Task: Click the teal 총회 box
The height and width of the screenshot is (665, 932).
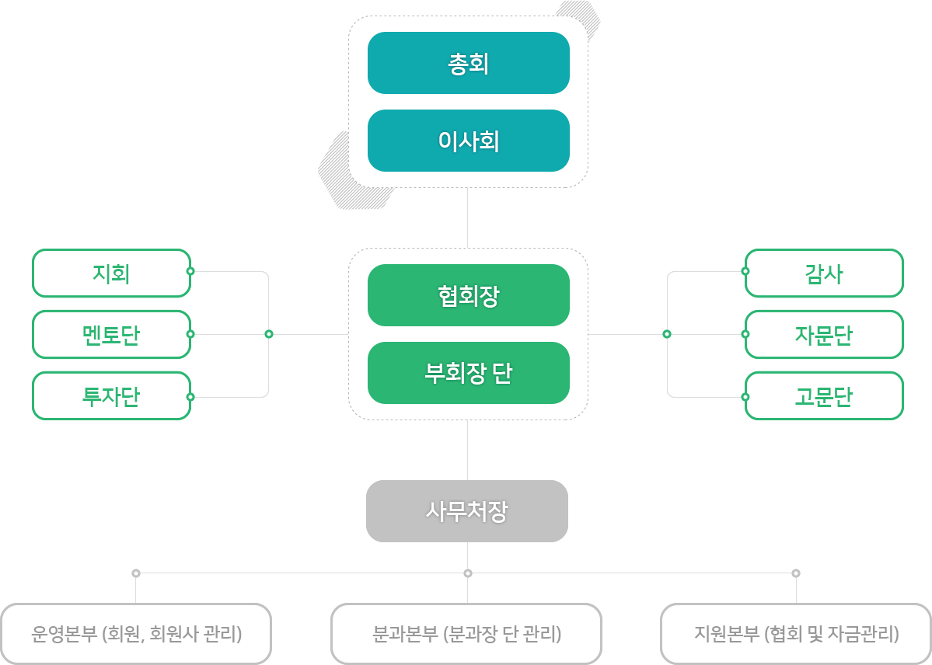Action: [x=469, y=63]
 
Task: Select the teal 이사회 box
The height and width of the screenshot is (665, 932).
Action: [x=469, y=141]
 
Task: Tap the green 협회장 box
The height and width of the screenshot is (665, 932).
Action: [x=469, y=295]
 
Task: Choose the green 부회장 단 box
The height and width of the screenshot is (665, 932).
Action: [x=469, y=373]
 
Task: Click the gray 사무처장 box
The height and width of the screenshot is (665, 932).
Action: [x=467, y=511]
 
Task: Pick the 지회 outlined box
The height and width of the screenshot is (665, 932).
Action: [x=112, y=273]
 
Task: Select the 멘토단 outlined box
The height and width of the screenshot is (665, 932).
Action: [x=112, y=335]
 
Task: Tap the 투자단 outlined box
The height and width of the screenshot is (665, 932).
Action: [x=112, y=395]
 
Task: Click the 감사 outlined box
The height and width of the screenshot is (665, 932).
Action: [x=824, y=273]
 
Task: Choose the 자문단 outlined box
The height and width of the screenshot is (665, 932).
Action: [x=824, y=335]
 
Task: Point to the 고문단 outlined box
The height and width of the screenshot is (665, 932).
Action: [x=824, y=395]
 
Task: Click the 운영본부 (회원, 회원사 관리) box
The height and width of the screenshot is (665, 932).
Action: [x=136, y=634]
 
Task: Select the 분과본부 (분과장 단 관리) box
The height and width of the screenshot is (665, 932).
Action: [x=466, y=634]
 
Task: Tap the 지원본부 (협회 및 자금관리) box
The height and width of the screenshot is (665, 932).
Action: [x=796, y=634]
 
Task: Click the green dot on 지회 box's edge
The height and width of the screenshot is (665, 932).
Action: [x=190, y=272]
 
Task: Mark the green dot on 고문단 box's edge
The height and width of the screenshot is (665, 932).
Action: [x=745, y=397]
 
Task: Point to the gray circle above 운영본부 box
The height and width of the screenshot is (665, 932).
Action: [x=136, y=573]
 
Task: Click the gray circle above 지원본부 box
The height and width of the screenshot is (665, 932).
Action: [x=796, y=573]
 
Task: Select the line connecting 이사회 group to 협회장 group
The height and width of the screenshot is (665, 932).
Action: [x=468, y=218]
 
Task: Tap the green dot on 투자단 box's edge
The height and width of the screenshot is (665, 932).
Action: [x=190, y=397]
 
